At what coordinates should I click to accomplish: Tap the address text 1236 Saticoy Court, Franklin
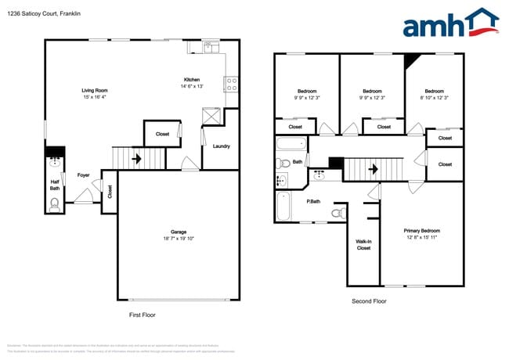point(43,14)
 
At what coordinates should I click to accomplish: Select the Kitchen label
point(192,80)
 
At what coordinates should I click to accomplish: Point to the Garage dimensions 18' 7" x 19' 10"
point(179,238)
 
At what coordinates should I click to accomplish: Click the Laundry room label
point(221,146)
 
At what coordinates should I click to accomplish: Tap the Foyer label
point(82,175)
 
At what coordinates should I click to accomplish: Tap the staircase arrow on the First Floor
point(137,159)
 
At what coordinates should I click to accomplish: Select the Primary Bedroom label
point(421,231)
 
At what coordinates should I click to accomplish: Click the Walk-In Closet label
point(363,246)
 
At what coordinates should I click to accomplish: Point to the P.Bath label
point(313,202)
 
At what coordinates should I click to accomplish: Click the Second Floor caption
point(368,301)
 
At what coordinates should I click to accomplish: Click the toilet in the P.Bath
point(338,212)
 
